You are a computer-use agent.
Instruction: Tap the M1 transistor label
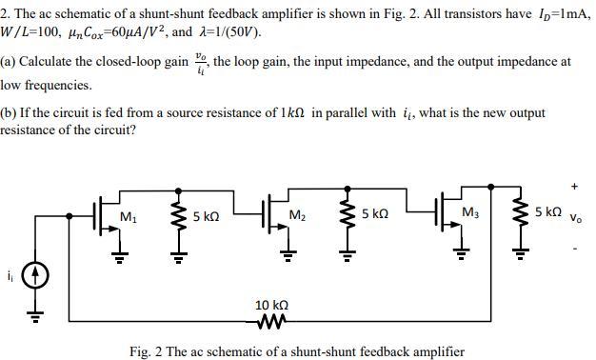(x=128, y=216)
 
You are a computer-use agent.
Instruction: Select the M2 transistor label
(x=297, y=216)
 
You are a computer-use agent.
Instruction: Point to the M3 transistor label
(x=469, y=211)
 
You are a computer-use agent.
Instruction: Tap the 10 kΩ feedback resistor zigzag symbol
(x=271, y=321)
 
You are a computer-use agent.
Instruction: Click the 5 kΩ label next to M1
(x=206, y=216)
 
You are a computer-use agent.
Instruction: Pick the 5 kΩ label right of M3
(x=547, y=211)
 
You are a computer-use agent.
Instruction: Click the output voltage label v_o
(x=576, y=217)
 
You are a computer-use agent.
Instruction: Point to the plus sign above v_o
(x=575, y=187)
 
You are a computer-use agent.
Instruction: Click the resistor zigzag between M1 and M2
(x=175, y=218)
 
